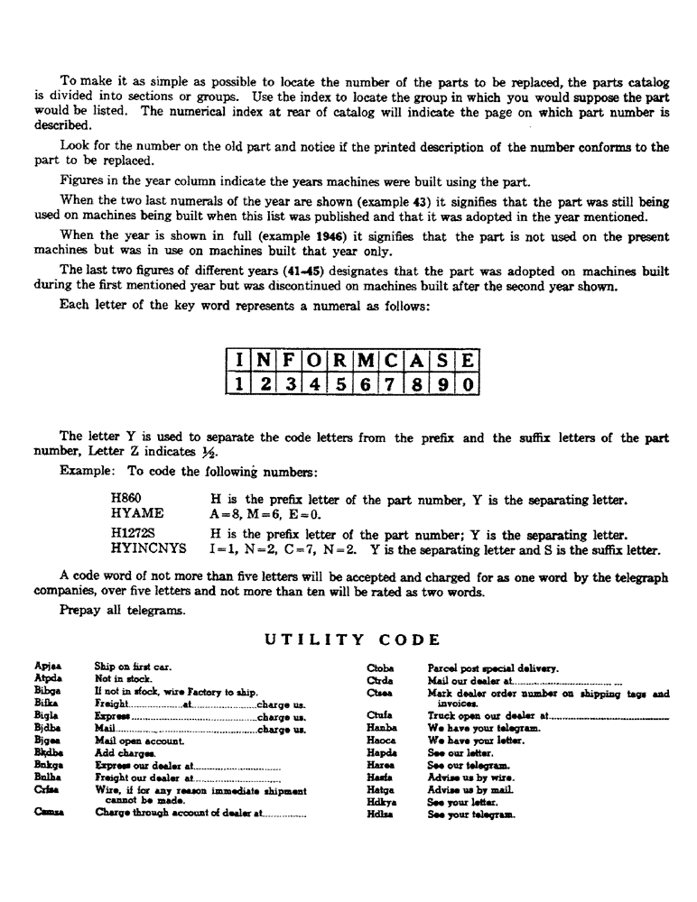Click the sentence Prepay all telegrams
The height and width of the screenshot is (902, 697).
[x=111, y=610]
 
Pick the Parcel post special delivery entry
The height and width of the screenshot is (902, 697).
[x=492, y=668]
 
